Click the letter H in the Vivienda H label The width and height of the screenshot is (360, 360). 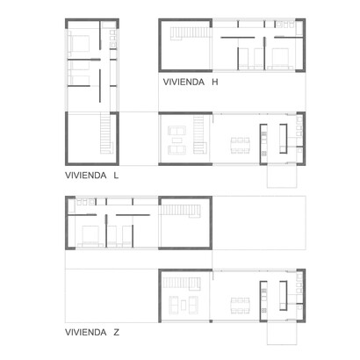pyautogui.click(x=215, y=82)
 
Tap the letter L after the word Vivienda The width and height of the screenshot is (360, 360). pyautogui.click(x=116, y=176)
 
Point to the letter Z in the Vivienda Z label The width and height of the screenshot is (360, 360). pyautogui.click(x=117, y=333)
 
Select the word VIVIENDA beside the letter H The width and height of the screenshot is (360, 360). pyautogui.click(x=184, y=82)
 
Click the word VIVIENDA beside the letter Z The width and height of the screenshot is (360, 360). pyautogui.click(x=86, y=333)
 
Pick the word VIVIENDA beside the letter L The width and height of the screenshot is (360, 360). pyautogui.click(x=86, y=176)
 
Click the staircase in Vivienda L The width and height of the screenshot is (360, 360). pyautogui.click(x=106, y=133)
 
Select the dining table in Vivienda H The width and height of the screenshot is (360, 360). pyautogui.click(x=240, y=146)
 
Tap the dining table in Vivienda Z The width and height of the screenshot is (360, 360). pyautogui.click(x=240, y=306)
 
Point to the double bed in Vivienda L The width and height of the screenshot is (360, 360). pyautogui.click(x=78, y=44)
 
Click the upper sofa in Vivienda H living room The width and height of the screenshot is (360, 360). pyautogui.click(x=176, y=131)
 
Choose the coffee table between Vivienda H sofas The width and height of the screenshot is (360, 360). pyautogui.click(x=177, y=140)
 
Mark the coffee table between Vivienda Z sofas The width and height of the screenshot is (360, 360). pyautogui.click(x=184, y=306)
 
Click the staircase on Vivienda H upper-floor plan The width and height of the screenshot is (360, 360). pyautogui.click(x=191, y=32)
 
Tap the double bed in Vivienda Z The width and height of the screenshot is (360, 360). pyautogui.click(x=90, y=236)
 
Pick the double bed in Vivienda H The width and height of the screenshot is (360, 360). pyautogui.click(x=280, y=59)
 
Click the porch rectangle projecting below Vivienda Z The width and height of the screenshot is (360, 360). pyautogui.click(x=282, y=334)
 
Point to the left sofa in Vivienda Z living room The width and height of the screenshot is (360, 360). pyautogui.click(x=174, y=305)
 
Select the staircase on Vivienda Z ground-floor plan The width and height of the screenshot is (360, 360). pyautogui.click(x=182, y=284)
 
